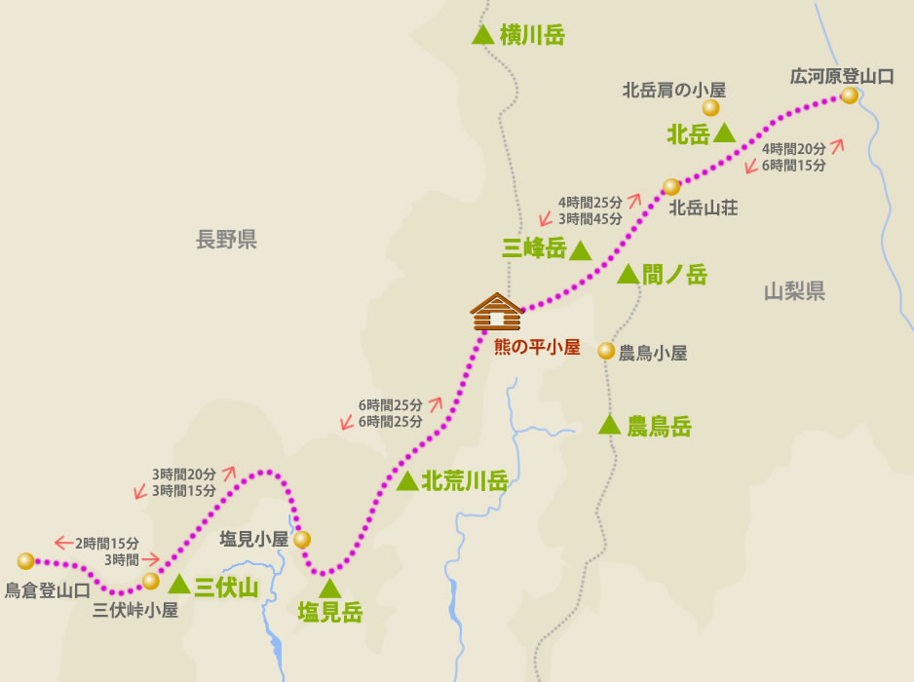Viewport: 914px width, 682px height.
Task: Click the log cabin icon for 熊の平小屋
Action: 497,313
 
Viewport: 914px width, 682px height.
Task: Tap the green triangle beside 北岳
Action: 724,133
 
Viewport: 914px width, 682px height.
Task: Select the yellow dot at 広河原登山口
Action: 850,95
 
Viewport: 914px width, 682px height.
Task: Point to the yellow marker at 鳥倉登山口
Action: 25,561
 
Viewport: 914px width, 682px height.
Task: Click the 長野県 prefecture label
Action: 226,240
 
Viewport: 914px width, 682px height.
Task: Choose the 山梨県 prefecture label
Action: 794,290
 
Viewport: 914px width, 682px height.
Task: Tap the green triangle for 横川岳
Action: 481,35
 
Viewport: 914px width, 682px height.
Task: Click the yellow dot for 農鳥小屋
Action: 606,351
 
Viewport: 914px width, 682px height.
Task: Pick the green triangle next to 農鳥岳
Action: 609,424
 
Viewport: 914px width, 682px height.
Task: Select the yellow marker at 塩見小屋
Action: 302,539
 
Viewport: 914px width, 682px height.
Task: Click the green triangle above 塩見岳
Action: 330,587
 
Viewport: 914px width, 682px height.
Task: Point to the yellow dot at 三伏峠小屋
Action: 150,582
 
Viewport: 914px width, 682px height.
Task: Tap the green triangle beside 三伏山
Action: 178,585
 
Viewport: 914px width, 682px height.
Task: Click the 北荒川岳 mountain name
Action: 465,480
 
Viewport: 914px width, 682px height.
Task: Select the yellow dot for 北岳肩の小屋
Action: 711,107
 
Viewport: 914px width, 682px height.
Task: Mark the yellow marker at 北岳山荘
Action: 670,186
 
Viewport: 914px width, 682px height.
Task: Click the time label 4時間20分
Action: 794,149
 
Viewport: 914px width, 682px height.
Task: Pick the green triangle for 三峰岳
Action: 580,250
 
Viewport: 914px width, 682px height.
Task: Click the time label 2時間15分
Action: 107,543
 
